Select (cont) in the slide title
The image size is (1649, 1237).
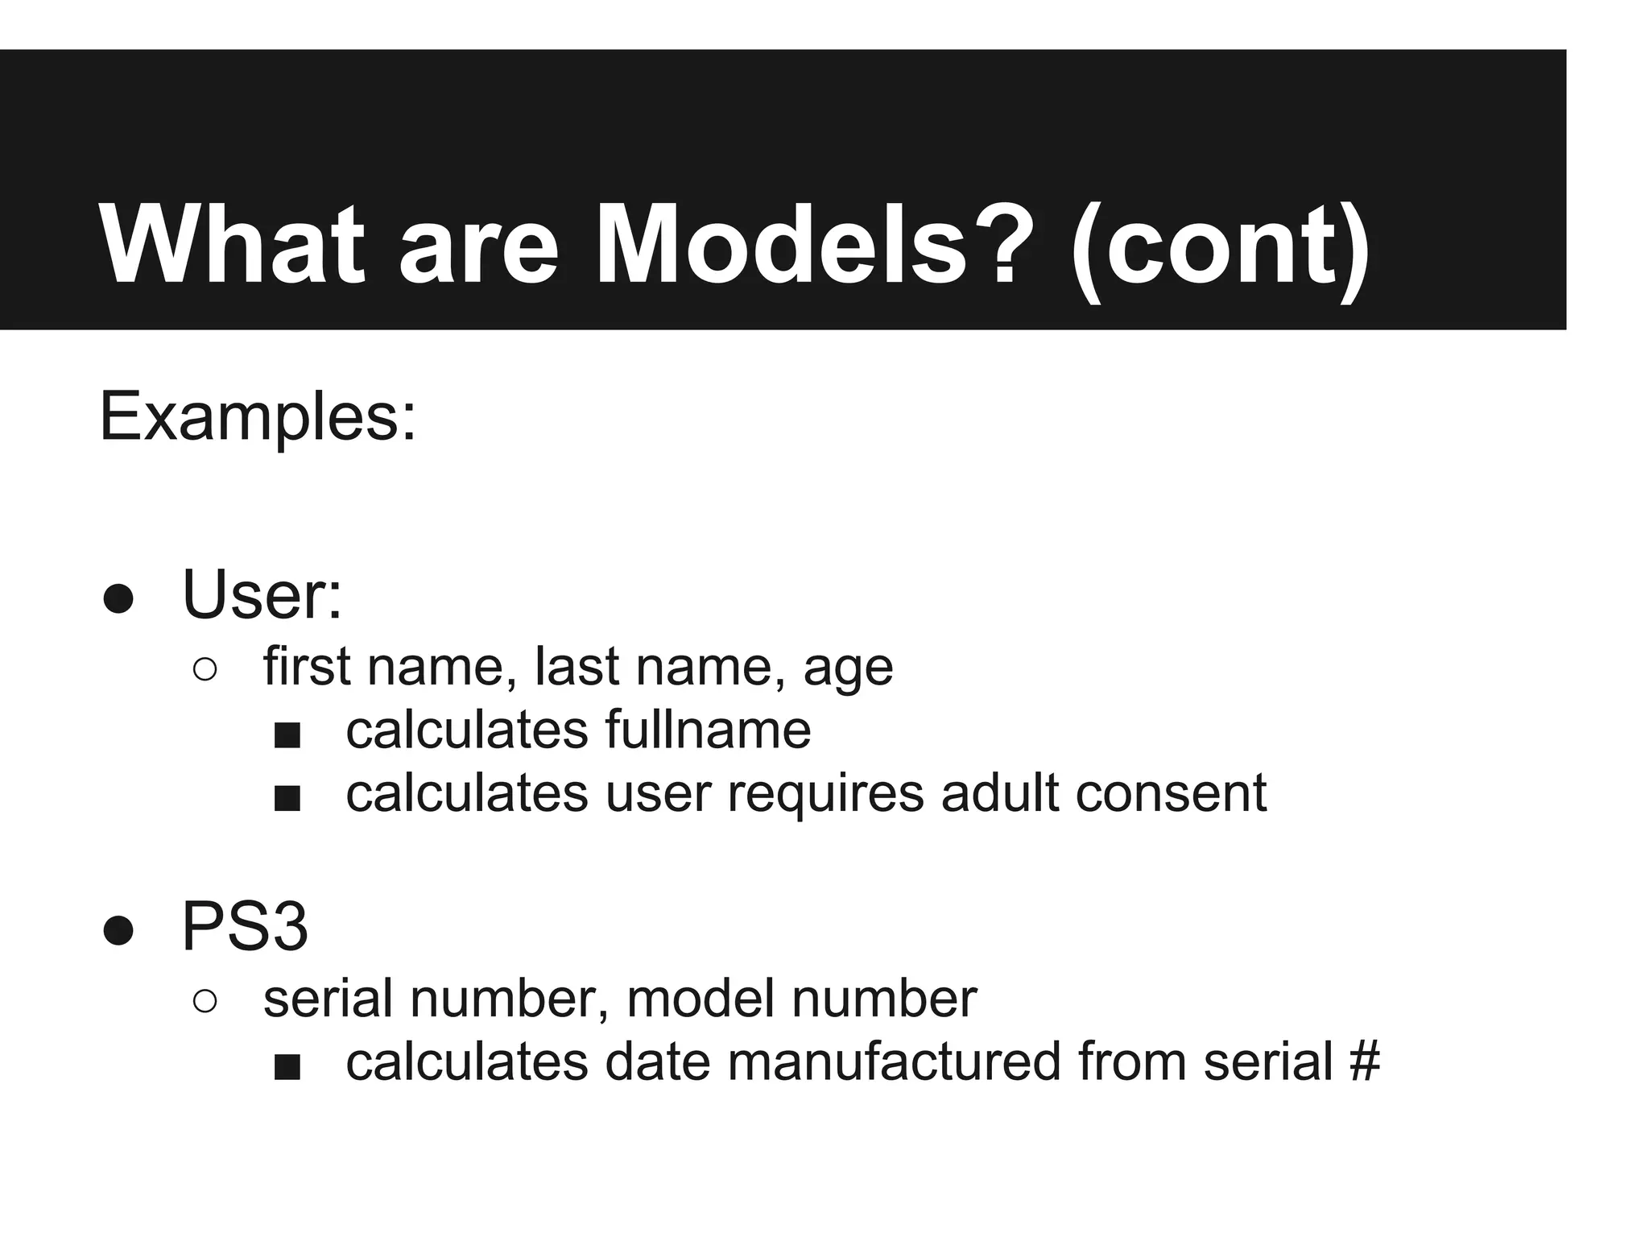coord(1219,245)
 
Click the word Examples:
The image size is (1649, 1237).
coord(258,417)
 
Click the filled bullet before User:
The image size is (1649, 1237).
coord(118,598)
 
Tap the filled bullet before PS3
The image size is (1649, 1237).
coord(118,930)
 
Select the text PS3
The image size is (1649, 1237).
coord(245,927)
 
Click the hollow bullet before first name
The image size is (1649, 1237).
coord(205,669)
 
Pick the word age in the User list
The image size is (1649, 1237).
coord(848,668)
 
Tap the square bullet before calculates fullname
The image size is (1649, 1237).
coord(287,734)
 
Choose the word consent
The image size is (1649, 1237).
coord(1171,793)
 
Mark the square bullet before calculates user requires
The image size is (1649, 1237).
coord(287,798)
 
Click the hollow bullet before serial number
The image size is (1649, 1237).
coord(205,1001)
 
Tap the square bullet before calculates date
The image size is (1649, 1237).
coord(287,1067)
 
